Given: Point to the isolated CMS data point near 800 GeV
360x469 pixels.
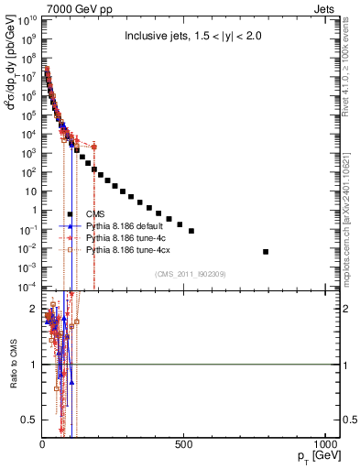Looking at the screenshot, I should (266, 251).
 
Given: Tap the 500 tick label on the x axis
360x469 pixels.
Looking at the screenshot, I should (184, 444).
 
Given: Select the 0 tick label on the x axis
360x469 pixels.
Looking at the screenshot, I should (42, 444).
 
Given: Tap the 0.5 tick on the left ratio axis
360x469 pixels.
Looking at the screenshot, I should (30, 420).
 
